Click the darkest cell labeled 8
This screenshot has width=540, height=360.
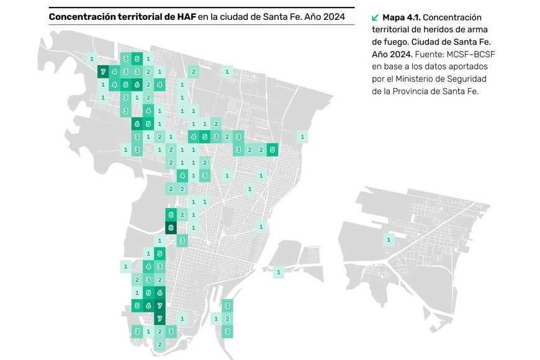click(x=171, y=228)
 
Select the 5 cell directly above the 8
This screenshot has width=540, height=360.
click(x=171, y=215)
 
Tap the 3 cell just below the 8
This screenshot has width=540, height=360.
click(x=182, y=240)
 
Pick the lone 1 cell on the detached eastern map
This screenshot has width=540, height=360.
click(x=389, y=240)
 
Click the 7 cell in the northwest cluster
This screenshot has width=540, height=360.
click(x=103, y=72)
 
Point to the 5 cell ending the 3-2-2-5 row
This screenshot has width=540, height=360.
click(x=272, y=150)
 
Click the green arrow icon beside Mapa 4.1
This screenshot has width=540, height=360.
click(x=374, y=17)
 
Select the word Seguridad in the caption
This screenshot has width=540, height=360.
click(x=467, y=79)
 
